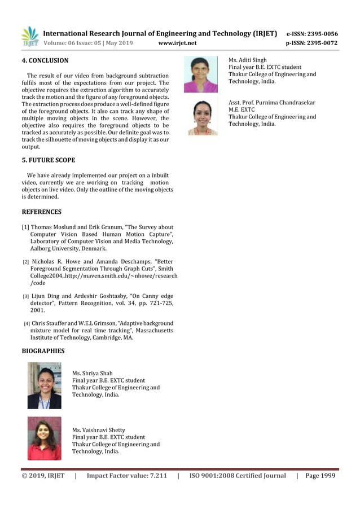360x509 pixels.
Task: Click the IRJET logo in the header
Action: click(x=30, y=36)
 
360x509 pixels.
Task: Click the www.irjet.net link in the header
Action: click(x=177, y=43)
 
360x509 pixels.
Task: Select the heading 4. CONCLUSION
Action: click(x=45, y=60)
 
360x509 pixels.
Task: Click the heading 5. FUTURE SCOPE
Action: click(x=48, y=160)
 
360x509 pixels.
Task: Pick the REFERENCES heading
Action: click(x=41, y=212)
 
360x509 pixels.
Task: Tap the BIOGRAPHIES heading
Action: click(x=43, y=351)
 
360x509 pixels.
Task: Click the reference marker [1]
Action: click(x=25, y=227)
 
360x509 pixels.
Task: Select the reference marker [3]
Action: click(x=25, y=296)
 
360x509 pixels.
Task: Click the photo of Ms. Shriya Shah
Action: click(x=44, y=385)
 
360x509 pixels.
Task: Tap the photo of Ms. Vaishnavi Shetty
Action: click(x=44, y=438)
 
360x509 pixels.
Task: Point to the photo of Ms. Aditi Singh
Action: click(x=200, y=74)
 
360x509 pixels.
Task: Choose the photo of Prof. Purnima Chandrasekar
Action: click(x=202, y=117)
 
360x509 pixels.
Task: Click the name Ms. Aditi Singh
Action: click(x=248, y=60)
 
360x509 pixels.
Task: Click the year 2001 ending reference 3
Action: click(x=38, y=310)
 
